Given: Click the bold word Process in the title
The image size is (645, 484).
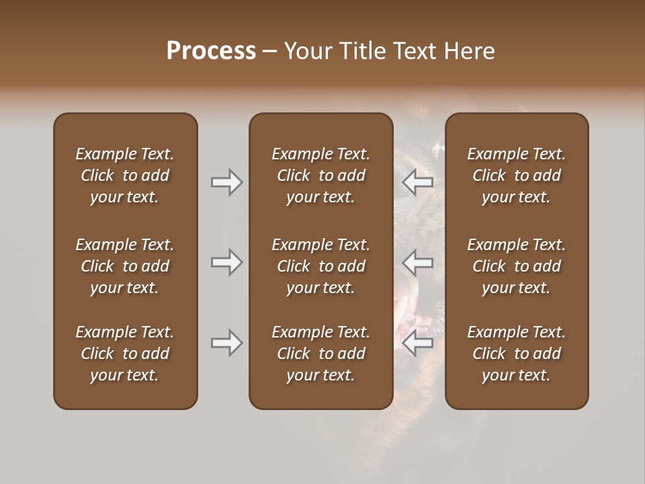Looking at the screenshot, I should tap(211, 51).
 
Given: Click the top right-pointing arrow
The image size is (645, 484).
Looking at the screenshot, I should tap(227, 182).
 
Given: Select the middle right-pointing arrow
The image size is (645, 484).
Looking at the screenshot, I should tap(227, 261).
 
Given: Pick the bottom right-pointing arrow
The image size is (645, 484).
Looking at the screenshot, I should tap(227, 343).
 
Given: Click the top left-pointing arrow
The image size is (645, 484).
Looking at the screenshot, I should tap(418, 182).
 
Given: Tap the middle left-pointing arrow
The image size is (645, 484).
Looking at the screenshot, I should tap(418, 261).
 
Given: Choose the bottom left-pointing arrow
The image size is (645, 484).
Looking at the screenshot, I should tap(418, 343).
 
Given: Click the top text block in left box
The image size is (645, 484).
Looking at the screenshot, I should tap(125, 175).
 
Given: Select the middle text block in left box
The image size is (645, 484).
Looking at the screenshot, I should tap(125, 266).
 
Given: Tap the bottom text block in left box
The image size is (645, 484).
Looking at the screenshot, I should tap(125, 354).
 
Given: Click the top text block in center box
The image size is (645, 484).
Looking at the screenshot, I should tap(320, 175).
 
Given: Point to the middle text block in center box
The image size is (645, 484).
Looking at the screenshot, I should tap(320, 266).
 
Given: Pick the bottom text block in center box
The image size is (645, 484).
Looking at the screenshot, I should tap(320, 354).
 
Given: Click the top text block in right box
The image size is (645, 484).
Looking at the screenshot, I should tap(516, 175).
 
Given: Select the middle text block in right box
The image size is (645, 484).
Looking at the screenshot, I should tap(516, 266).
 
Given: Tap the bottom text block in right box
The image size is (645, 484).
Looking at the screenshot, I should tap(516, 354).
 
